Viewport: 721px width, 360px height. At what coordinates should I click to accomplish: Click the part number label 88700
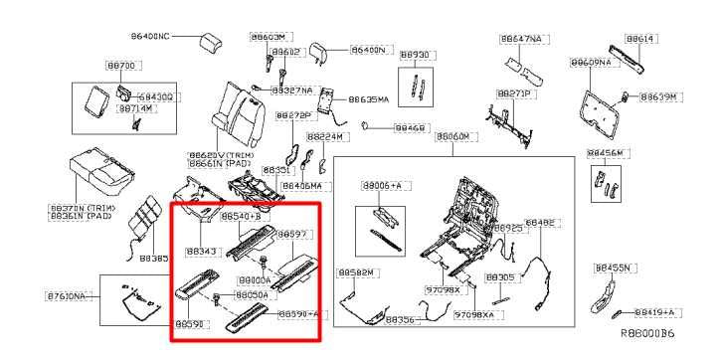pyautogui.click(x=120, y=65)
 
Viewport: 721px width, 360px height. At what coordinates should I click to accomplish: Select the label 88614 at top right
pyautogui.click(x=642, y=38)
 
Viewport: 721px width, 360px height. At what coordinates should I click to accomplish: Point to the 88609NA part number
pyautogui.click(x=590, y=62)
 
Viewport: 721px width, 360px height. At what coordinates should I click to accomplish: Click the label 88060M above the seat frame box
pyautogui.click(x=452, y=135)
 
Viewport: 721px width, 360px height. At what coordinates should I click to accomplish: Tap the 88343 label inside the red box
pyautogui.click(x=201, y=252)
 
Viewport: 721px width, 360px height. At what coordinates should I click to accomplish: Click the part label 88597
pyautogui.click(x=291, y=234)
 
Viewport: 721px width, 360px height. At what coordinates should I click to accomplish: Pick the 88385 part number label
pyautogui.click(x=153, y=258)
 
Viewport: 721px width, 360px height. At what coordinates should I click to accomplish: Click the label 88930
pyautogui.click(x=415, y=55)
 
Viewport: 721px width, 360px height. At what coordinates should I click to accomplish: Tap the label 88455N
pyautogui.click(x=615, y=268)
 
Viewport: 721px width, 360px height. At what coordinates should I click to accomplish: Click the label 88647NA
pyautogui.click(x=522, y=38)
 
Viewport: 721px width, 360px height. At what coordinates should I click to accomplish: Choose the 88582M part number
pyautogui.click(x=355, y=271)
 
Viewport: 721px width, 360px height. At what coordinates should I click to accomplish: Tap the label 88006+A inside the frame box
pyautogui.click(x=382, y=186)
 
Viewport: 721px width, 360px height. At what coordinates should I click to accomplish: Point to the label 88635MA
pyautogui.click(x=369, y=99)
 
